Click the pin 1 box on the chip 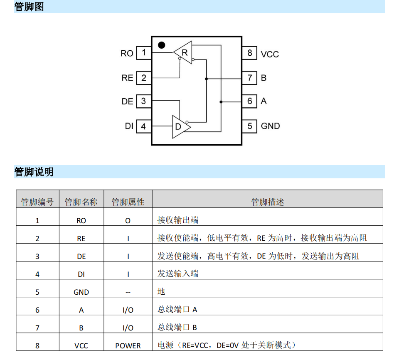click(144, 53)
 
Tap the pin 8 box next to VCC click(249, 53)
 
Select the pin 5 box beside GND click(249, 126)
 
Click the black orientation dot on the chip click(162, 45)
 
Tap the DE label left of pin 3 click(127, 101)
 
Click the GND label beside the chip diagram click(270, 126)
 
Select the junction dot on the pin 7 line click(207, 79)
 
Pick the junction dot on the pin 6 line click(221, 102)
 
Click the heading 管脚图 click(29, 7)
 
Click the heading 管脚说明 click(34, 172)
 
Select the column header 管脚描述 click(267, 202)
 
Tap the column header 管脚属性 click(128, 202)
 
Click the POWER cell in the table click(128, 346)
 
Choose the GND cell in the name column click(81, 292)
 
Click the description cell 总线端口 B click(177, 328)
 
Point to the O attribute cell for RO click(128, 221)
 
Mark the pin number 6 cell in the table click(37, 310)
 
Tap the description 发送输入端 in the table click(178, 274)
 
